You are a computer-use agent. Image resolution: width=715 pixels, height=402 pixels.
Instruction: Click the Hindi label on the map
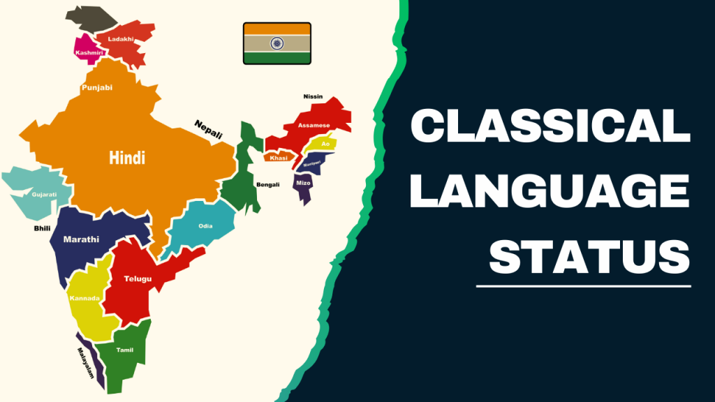[x=127, y=158]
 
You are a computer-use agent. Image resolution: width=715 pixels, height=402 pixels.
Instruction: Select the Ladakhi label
[x=121, y=39]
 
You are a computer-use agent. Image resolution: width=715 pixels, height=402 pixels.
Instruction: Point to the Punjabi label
[x=97, y=87]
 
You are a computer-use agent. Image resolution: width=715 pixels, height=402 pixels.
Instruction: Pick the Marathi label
[x=81, y=239]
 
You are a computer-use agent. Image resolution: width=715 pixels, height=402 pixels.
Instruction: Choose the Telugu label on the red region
[x=138, y=278]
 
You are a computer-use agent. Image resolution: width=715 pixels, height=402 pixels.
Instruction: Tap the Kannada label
[x=85, y=299]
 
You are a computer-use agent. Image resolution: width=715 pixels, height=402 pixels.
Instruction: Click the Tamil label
[x=125, y=349]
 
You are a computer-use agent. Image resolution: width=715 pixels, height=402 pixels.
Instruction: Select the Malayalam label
[x=85, y=363]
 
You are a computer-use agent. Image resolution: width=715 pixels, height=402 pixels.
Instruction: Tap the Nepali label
[x=207, y=129]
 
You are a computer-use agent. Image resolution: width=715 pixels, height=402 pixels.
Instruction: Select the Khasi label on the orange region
[x=278, y=158]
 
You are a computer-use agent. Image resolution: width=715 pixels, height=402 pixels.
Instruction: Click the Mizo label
[x=303, y=182]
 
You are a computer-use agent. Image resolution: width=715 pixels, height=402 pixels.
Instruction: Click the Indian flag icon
[x=277, y=43]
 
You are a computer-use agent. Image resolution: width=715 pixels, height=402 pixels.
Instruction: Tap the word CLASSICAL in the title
[x=550, y=130]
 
